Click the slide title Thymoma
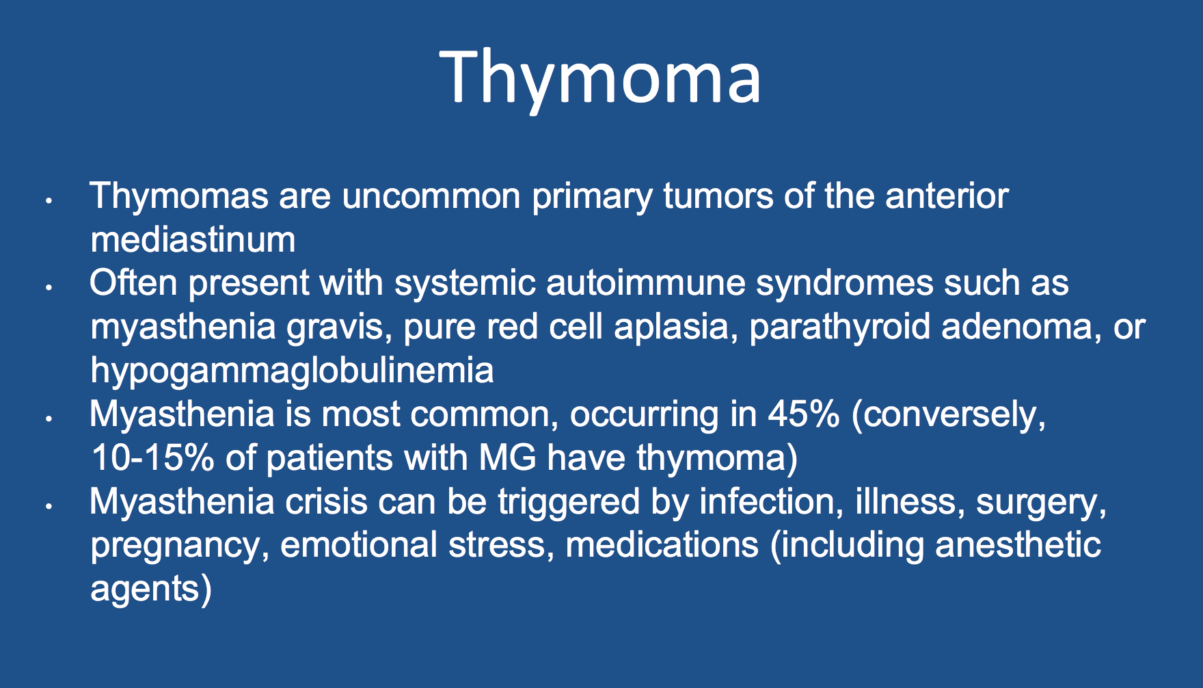pos(600,78)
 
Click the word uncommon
pos(431,196)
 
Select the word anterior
pos(947,196)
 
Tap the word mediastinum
pos(193,240)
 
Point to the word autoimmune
pos(646,283)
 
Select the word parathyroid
pos(840,328)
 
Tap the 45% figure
pos(804,414)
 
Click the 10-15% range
pos(152,458)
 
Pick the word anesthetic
pos(1018,545)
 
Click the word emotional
pos(359,545)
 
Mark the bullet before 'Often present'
pos(49,288)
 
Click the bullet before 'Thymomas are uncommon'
pos(49,201)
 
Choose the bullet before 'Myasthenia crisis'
pos(49,507)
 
